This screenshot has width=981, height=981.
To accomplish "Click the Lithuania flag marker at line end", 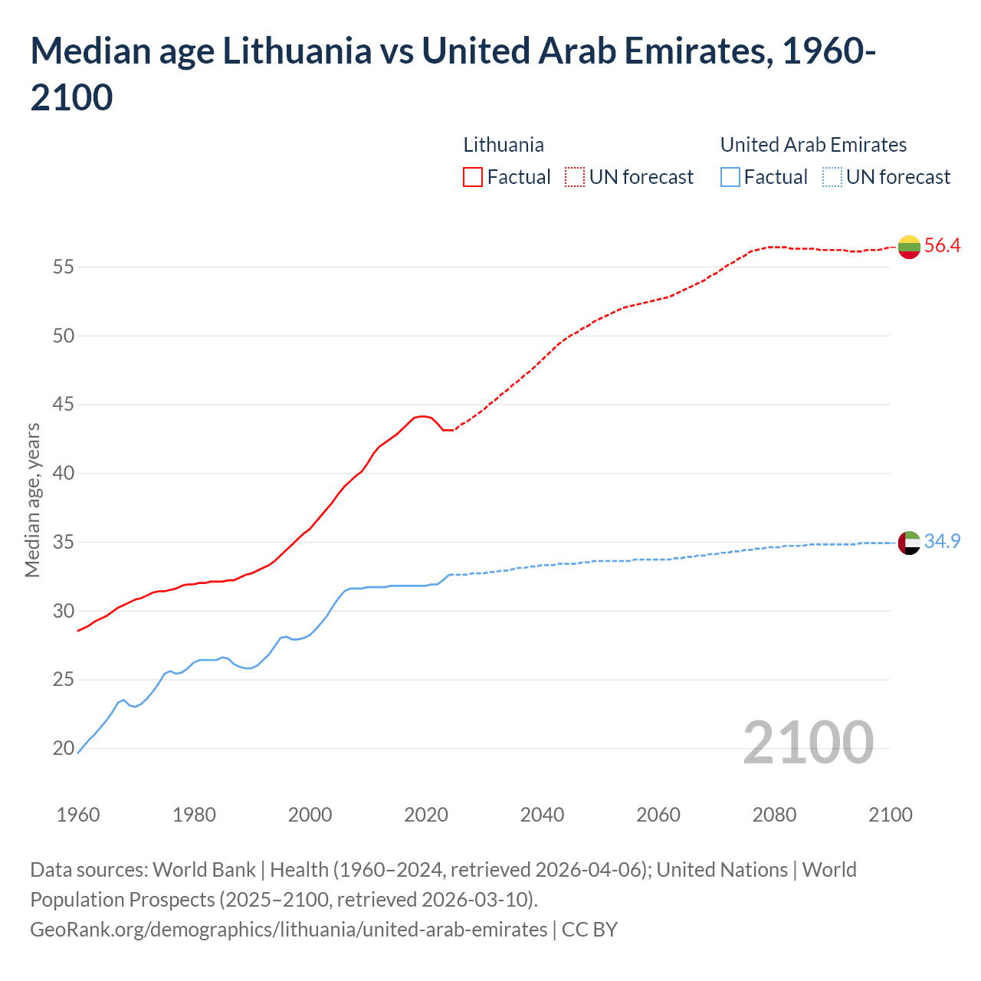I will pyautogui.click(x=909, y=247).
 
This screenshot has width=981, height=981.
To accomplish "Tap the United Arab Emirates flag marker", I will pyautogui.click(x=909, y=543).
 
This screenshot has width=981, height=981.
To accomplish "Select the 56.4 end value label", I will pyautogui.click(x=942, y=246).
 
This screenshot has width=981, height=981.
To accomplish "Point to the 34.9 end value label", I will pyautogui.click(x=942, y=541).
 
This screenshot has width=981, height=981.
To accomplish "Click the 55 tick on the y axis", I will pyautogui.click(x=63, y=267).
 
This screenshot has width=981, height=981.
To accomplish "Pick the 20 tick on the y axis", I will pyautogui.click(x=63, y=749).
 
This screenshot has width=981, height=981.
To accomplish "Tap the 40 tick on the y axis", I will pyautogui.click(x=63, y=474).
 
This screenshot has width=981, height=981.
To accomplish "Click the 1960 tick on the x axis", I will pyautogui.click(x=78, y=815).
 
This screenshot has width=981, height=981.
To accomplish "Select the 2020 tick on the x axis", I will pyautogui.click(x=426, y=815).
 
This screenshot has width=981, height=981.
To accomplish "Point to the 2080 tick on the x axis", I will pyautogui.click(x=774, y=815).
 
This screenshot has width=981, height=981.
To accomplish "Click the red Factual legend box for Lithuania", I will pyautogui.click(x=473, y=177).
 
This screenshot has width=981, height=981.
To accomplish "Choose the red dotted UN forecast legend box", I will pyautogui.click(x=575, y=177).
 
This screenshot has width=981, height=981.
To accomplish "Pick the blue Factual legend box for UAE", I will pyautogui.click(x=730, y=177).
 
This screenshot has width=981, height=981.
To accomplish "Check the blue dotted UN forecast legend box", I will pyautogui.click(x=832, y=177).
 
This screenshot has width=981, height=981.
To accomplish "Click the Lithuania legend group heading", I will pyautogui.click(x=504, y=145).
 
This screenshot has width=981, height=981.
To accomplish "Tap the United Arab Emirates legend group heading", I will pyautogui.click(x=813, y=145).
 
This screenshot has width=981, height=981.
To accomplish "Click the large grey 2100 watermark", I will pyautogui.click(x=808, y=743).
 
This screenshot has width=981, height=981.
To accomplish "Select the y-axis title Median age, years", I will pyautogui.click(x=32, y=499).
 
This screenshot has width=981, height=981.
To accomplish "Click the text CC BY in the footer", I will pyautogui.click(x=589, y=930).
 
